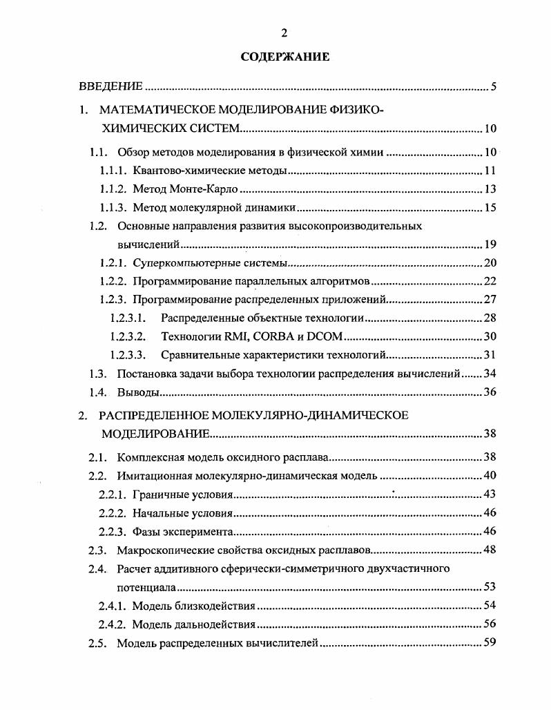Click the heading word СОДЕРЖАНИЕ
click(284, 57)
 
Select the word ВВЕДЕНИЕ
click(110, 86)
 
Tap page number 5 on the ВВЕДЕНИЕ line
click(494, 87)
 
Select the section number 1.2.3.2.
click(128, 337)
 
